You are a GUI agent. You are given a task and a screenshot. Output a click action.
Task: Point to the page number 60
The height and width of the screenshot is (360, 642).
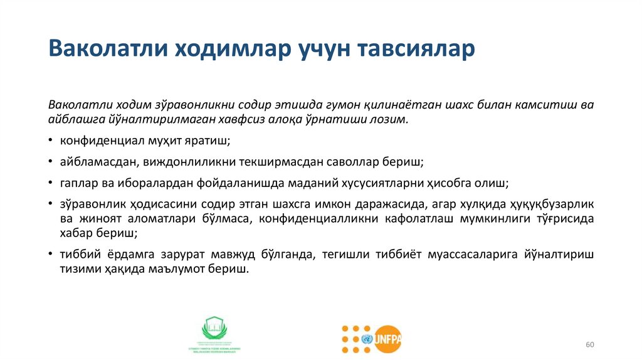click(589, 346)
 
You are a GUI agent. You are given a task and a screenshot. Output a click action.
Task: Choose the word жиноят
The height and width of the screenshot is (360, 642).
click(100, 218)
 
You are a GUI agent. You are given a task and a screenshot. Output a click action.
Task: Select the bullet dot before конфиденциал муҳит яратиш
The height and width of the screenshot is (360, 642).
click(50, 141)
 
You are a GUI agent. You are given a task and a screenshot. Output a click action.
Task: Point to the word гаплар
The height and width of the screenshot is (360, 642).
click(77, 183)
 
